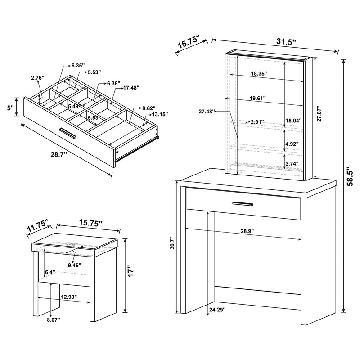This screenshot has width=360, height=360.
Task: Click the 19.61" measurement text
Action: [258, 98]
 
